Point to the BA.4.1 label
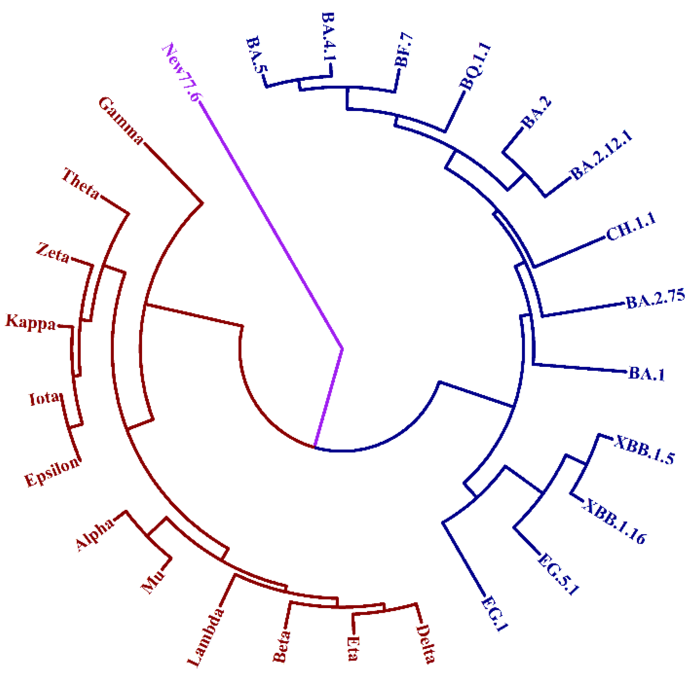click(329, 36)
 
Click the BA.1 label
click(647, 374)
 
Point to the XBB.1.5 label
click(644, 450)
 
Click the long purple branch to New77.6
click(271, 225)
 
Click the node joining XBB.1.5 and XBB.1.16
click(585, 464)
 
